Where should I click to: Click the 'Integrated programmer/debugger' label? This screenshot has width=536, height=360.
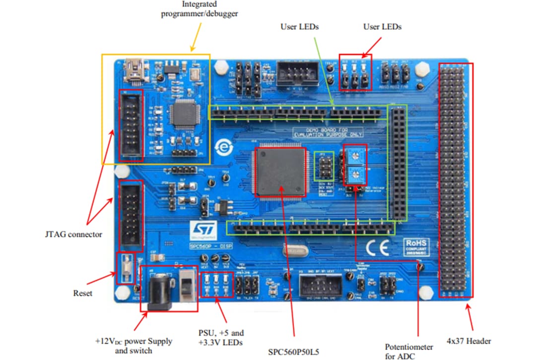tap(200, 9)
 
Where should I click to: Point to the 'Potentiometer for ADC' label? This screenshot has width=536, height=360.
tap(409, 351)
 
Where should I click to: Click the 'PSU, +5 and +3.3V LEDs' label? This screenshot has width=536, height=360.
tap(220, 337)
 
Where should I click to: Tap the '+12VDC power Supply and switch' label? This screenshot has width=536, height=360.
tap(134, 346)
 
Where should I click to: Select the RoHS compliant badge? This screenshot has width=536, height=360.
tap(416, 245)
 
